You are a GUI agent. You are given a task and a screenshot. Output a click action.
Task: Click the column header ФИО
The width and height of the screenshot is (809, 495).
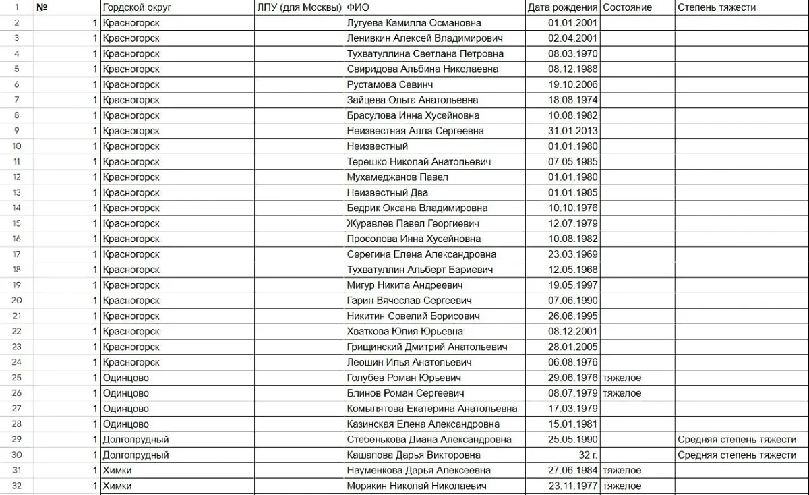[x=358, y=7]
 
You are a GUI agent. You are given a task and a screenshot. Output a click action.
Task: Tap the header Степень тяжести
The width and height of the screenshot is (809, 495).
[x=717, y=7]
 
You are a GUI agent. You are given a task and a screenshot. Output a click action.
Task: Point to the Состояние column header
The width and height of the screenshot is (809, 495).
[x=628, y=7]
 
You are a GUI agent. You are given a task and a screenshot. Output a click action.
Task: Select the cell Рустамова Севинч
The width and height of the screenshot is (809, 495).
[x=390, y=85]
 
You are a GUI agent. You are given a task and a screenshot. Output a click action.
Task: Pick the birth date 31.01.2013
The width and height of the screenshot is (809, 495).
[x=573, y=131]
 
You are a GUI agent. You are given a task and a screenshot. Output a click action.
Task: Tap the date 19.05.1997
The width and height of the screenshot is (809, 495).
[x=573, y=285]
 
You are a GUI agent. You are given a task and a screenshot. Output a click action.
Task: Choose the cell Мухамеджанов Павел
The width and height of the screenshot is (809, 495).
[x=397, y=177]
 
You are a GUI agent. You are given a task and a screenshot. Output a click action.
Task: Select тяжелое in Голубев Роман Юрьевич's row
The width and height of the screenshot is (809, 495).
[x=622, y=378]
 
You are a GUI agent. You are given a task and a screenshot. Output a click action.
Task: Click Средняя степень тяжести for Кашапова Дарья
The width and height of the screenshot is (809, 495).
[x=737, y=455]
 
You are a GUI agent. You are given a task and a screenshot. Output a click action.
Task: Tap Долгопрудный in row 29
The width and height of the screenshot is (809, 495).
[x=136, y=440]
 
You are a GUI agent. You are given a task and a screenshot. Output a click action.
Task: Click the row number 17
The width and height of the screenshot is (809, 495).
[x=16, y=254]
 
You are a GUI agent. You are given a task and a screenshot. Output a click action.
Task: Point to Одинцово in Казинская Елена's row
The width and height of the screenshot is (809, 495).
[x=126, y=424]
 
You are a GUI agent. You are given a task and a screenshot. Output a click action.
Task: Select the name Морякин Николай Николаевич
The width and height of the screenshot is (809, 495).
[x=419, y=486]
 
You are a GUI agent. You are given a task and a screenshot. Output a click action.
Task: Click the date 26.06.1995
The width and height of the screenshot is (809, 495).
[x=573, y=316]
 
